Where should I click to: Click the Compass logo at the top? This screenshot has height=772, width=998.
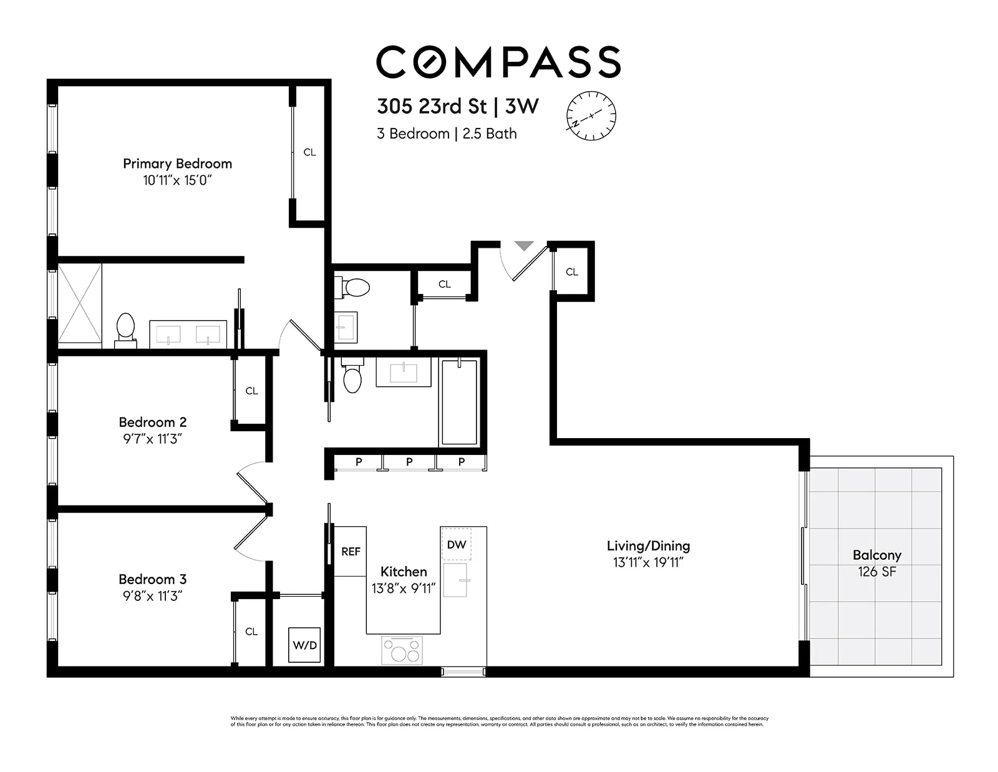[x=498, y=61]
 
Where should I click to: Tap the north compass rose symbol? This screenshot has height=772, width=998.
[x=591, y=115]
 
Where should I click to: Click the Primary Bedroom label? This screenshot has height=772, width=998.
[x=177, y=164]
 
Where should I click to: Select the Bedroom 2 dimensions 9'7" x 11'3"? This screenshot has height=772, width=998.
[x=152, y=439]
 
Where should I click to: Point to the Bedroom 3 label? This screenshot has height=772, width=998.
[x=152, y=579]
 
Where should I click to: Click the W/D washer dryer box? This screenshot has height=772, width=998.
[x=305, y=645]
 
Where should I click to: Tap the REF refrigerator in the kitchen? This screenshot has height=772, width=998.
[x=351, y=552]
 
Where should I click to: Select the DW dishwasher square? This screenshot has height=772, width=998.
[x=457, y=544]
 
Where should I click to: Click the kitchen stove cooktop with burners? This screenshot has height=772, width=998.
[x=402, y=650]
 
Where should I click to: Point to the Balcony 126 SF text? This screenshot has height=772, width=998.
[x=876, y=563]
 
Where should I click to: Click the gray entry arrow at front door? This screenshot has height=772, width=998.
[x=524, y=246]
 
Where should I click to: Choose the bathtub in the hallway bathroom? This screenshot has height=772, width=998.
[x=459, y=402]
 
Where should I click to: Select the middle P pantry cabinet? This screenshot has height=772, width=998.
[x=409, y=462]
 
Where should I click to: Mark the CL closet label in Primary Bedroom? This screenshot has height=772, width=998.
[x=309, y=152]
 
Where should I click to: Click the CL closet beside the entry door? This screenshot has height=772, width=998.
[x=572, y=272]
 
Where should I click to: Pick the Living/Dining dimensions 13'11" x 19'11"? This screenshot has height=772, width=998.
[x=648, y=562]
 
